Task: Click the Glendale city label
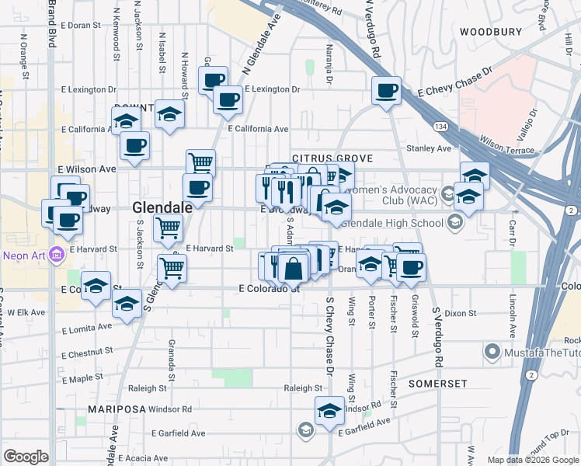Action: click(162, 207)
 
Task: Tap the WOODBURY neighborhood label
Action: click(490, 32)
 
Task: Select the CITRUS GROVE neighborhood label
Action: click(332, 158)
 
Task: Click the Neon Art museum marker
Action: click(55, 254)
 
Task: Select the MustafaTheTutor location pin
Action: click(491, 353)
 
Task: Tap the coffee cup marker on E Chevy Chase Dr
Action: click(386, 90)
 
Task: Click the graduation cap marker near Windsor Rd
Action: click(329, 409)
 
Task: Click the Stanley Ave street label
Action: click(433, 148)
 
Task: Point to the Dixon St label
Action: click(460, 314)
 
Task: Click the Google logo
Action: click(26, 457)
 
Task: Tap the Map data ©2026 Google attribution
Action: click(532, 460)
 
